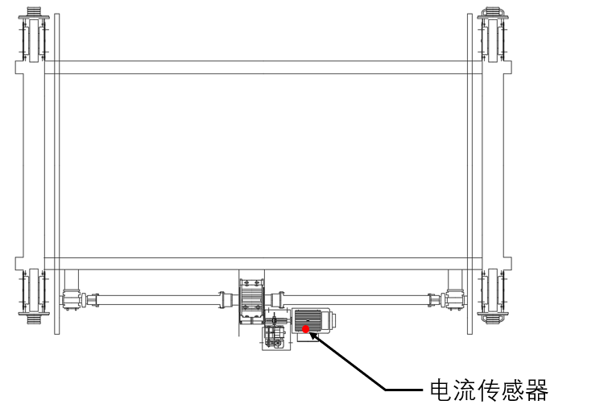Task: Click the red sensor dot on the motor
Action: [x=305, y=329]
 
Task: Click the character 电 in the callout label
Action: [x=441, y=390]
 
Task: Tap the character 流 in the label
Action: [x=465, y=390]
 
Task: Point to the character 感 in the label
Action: [x=513, y=390]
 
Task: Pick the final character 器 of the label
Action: [x=537, y=390]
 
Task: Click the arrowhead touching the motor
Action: [x=313, y=336]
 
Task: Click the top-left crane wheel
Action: [x=34, y=40]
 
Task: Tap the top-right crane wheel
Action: [x=493, y=40]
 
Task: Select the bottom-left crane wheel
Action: [x=34, y=290]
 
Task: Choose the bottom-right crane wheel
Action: [x=493, y=290]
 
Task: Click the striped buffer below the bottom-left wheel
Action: [x=34, y=319]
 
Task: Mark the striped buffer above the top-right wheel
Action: [x=493, y=11]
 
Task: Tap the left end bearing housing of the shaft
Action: [x=71, y=299]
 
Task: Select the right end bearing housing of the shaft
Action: [x=456, y=299]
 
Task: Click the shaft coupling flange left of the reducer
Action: [x=222, y=300]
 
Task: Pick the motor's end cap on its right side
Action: [x=333, y=320]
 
